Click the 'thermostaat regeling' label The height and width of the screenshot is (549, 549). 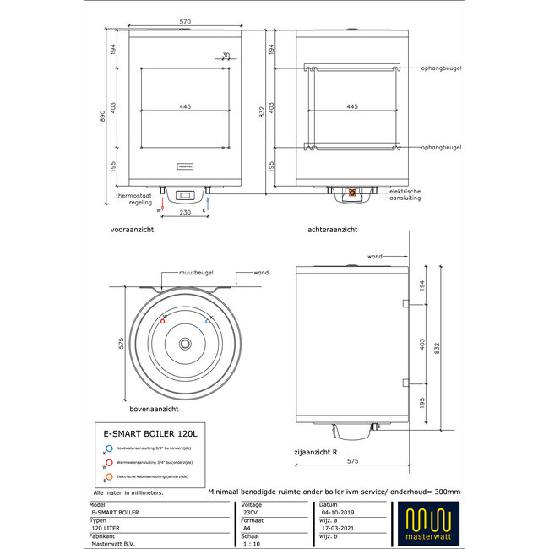(133, 198)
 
